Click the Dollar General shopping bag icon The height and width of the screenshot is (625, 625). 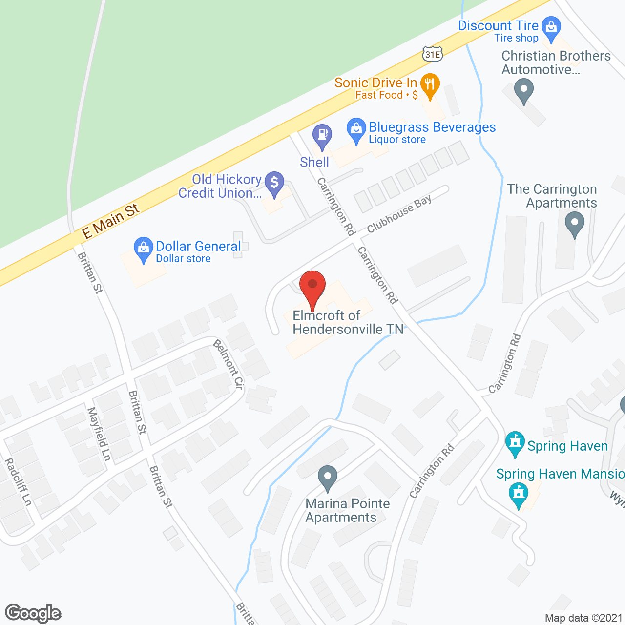pos(143,249)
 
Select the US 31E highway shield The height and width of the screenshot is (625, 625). pos(433,54)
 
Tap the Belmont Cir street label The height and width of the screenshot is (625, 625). pos(228,364)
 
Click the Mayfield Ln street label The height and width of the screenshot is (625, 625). pos(99,434)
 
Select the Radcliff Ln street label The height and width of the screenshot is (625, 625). pos(18,481)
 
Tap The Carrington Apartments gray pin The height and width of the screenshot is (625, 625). pos(574,225)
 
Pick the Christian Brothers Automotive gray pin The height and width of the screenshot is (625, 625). pos(524,91)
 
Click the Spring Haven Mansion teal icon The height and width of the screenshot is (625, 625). pos(519,494)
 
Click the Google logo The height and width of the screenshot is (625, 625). pos(33,613)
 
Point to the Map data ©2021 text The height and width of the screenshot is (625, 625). pos(583,618)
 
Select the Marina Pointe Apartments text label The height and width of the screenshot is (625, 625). pos(347,510)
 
